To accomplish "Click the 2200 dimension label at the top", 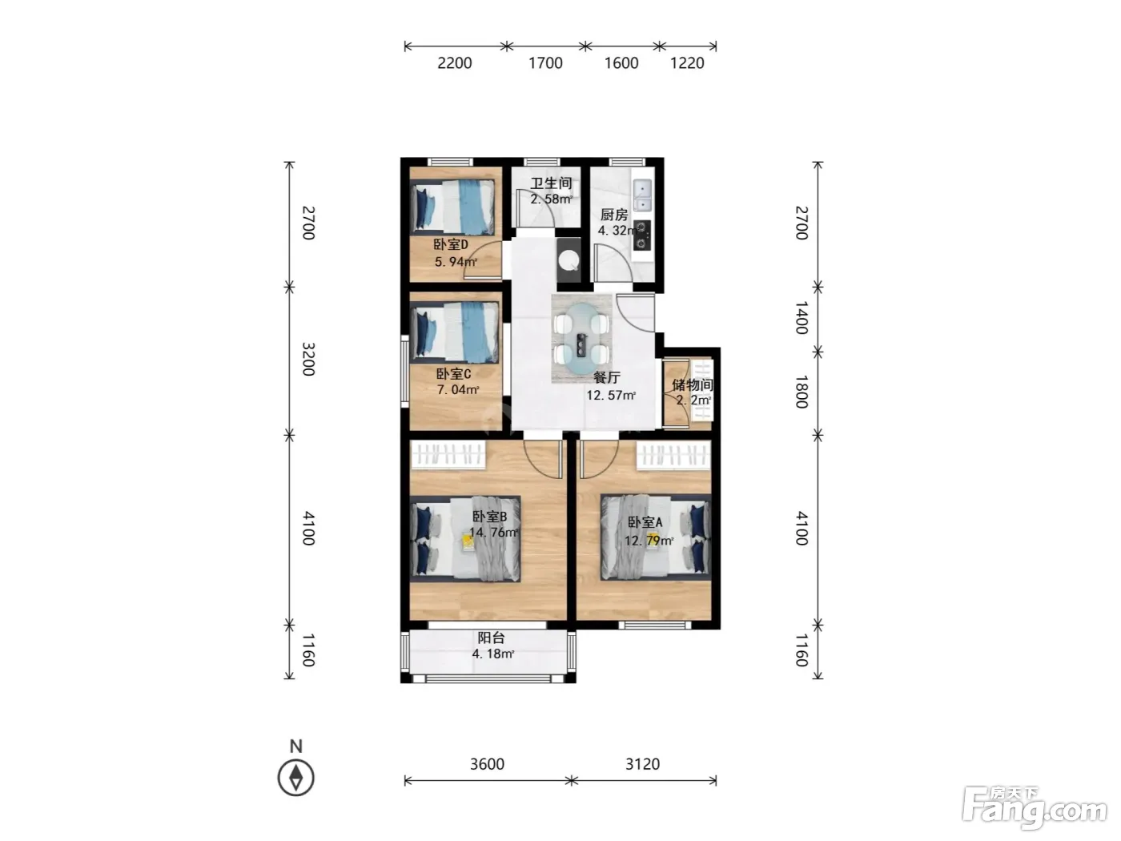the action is pos(454,63).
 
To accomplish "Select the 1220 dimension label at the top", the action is pos(686,63).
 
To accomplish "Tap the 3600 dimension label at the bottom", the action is pos(487,764).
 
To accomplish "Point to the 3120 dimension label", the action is pos(642,764).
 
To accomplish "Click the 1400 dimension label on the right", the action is pos(802,318).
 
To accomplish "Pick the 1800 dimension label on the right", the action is pos(802,392).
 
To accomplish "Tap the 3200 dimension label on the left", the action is pos(308,359).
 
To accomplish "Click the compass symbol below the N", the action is pos(295,778).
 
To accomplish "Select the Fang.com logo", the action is pos(1035,808).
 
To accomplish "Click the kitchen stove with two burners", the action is pos(642,235).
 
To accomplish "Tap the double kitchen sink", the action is pos(642,195).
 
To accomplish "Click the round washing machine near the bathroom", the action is pos(569,260).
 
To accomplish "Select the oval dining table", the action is pos(581,340).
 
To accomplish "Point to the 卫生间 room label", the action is pos(551,183).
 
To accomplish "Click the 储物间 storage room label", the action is pos(692,384).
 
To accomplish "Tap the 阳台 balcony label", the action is pos(491,638).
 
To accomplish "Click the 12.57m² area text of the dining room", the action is pos(611,395).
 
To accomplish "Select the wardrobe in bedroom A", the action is pos(673,456).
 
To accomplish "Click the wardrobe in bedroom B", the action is pos(448,454).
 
